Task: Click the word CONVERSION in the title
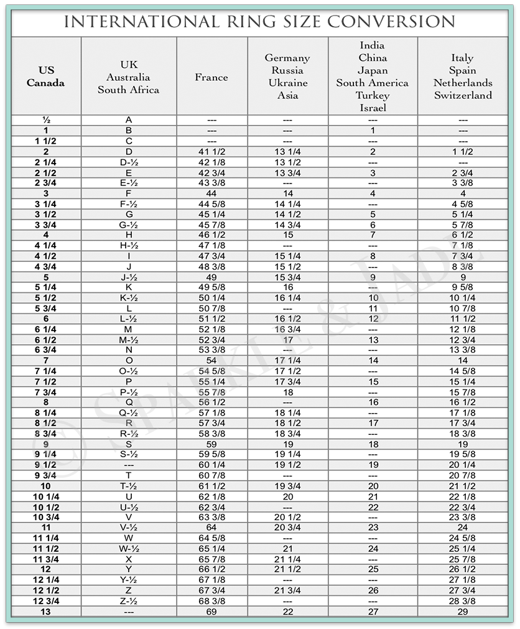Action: (x=391, y=22)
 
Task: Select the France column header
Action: (x=211, y=77)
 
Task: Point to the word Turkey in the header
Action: (x=373, y=95)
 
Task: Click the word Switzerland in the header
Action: (x=463, y=95)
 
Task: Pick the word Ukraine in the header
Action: (x=287, y=83)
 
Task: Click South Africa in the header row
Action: (x=128, y=90)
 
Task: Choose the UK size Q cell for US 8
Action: (x=128, y=402)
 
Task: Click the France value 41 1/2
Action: (x=211, y=151)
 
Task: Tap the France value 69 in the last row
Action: (x=211, y=612)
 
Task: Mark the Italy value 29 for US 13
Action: (x=463, y=612)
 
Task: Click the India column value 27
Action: (x=373, y=612)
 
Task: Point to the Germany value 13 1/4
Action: (x=287, y=151)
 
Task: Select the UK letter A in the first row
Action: (x=128, y=119)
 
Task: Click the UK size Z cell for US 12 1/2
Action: (x=128, y=590)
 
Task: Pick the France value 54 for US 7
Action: (x=211, y=360)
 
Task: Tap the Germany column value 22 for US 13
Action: (x=287, y=612)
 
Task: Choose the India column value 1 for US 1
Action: (x=373, y=130)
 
